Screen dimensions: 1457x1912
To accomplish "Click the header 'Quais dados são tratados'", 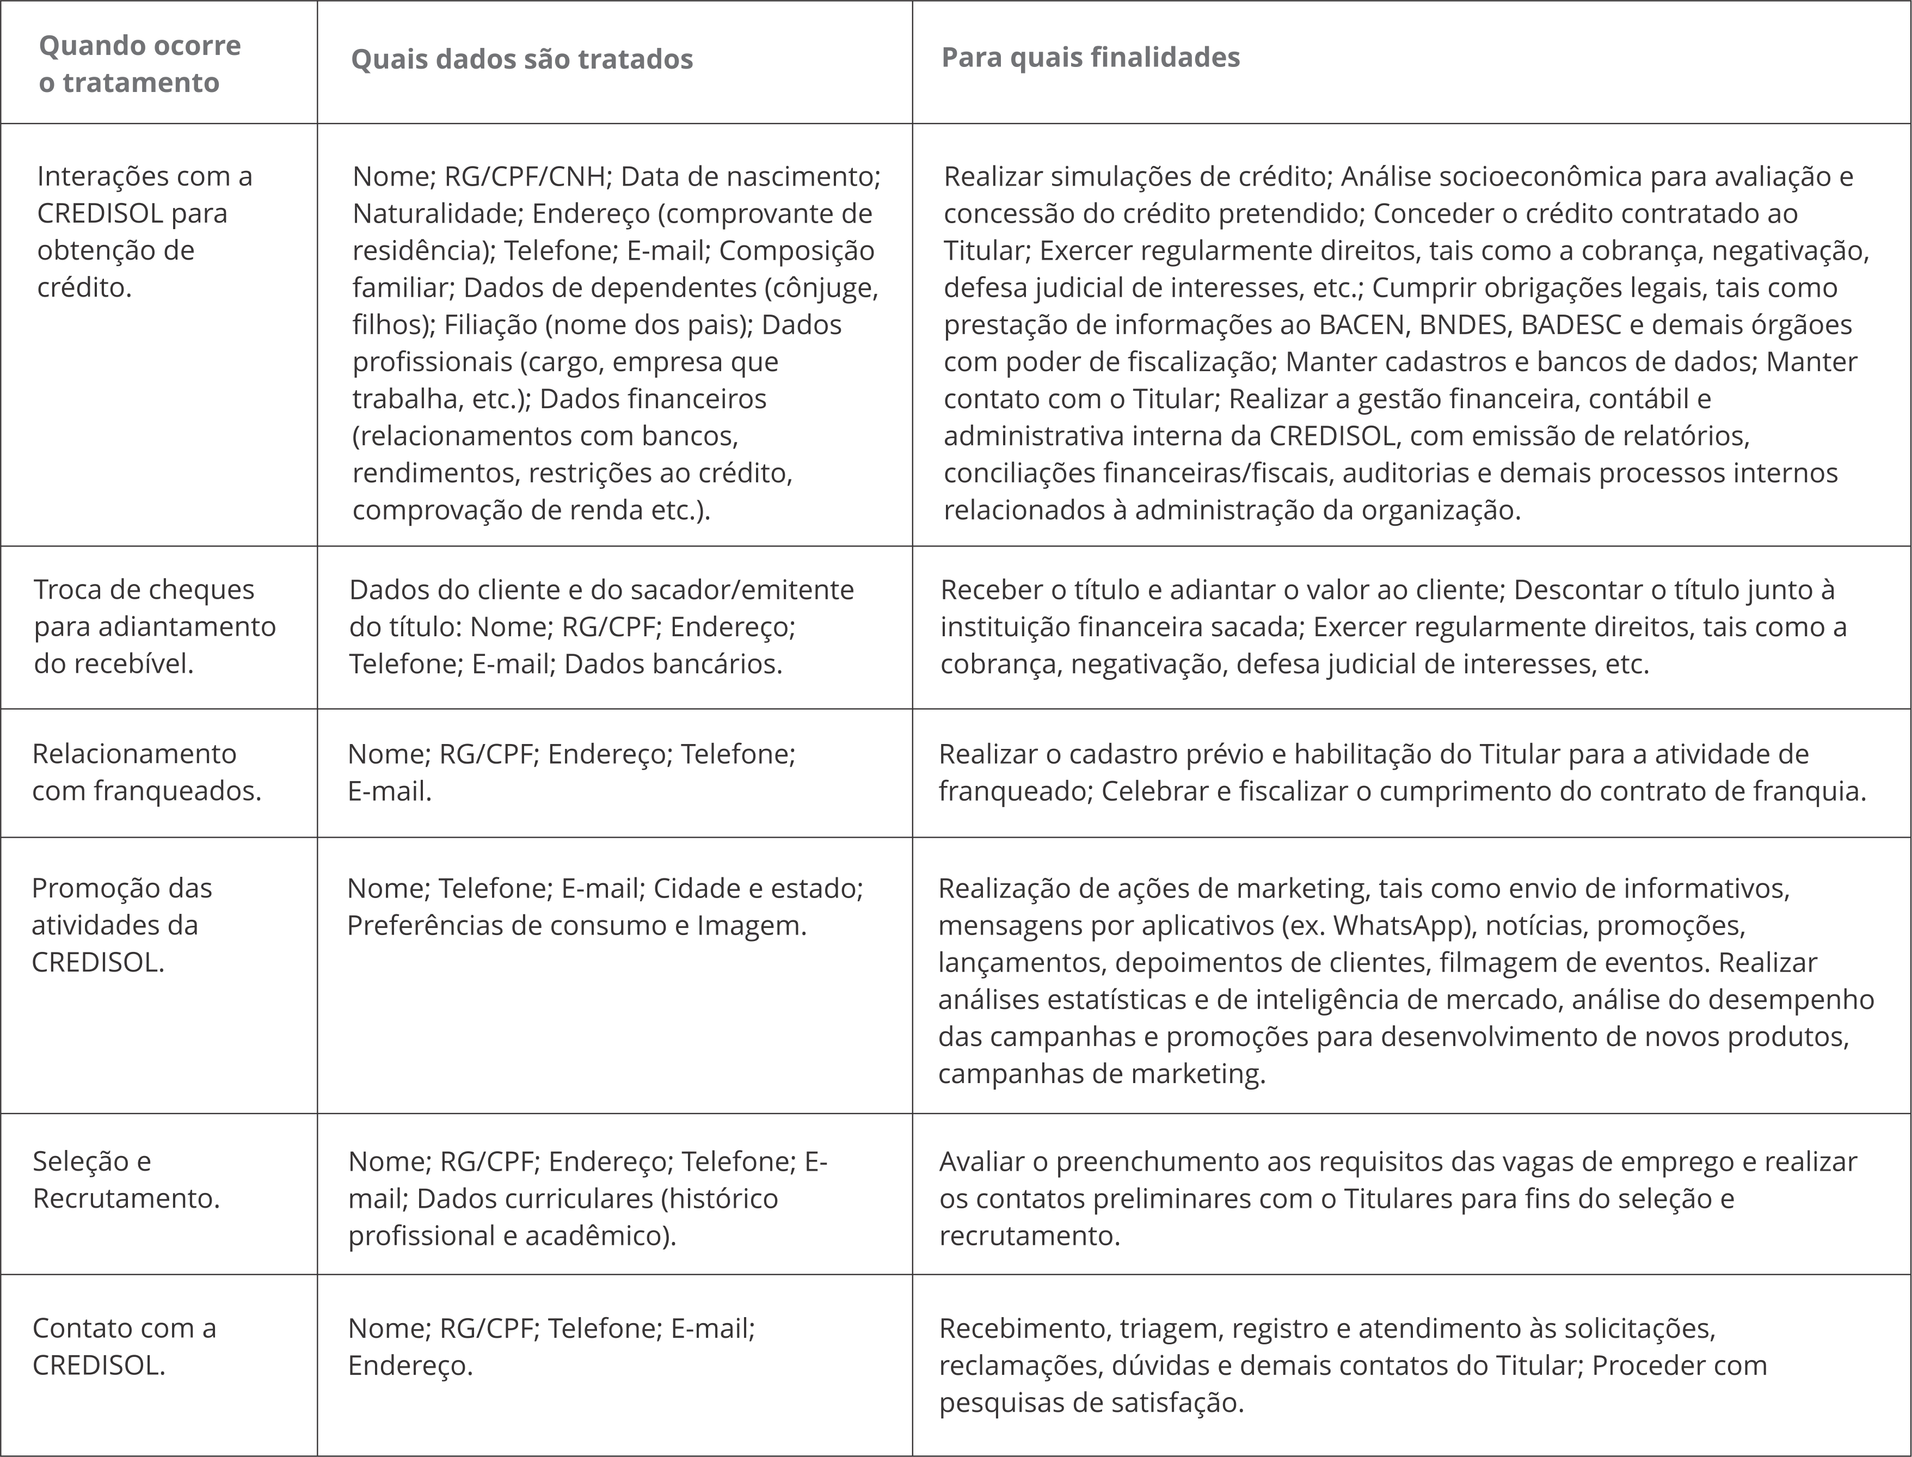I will [521, 59].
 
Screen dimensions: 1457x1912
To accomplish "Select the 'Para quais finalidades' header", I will [1090, 57].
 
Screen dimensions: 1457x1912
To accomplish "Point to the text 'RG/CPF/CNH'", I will [524, 176].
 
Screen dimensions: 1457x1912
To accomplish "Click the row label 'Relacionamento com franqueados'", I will [146, 772].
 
